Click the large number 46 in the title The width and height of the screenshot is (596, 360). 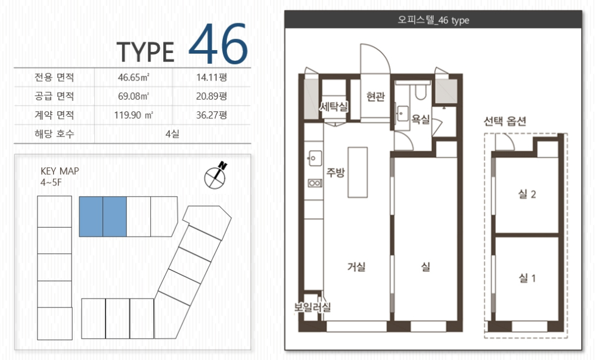click(x=218, y=44)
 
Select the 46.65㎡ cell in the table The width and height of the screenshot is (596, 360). click(x=134, y=77)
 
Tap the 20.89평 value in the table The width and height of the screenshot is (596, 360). click(x=212, y=96)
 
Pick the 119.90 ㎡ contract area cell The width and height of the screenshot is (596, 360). click(x=134, y=115)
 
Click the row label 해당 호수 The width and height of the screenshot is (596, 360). click(x=54, y=134)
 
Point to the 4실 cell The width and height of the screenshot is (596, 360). click(x=172, y=134)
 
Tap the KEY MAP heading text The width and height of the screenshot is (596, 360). click(x=60, y=171)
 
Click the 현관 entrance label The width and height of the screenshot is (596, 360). click(x=375, y=97)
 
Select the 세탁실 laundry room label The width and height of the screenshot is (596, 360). click(x=334, y=107)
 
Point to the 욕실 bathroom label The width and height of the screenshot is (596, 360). click(x=420, y=119)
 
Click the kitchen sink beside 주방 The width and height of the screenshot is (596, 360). click(x=314, y=158)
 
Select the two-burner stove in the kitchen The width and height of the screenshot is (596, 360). click(x=315, y=184)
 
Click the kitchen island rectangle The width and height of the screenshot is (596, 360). click(x=357, y=172)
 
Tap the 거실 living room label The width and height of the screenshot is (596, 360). click(x=356, y=267)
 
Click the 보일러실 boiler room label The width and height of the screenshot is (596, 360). click(x=312, y=307)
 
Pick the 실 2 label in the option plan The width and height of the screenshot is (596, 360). click(x=527, y=194)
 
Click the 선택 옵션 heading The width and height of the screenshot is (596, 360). click(x=505, y=121)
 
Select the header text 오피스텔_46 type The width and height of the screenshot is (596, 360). click(x=433, y=20)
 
